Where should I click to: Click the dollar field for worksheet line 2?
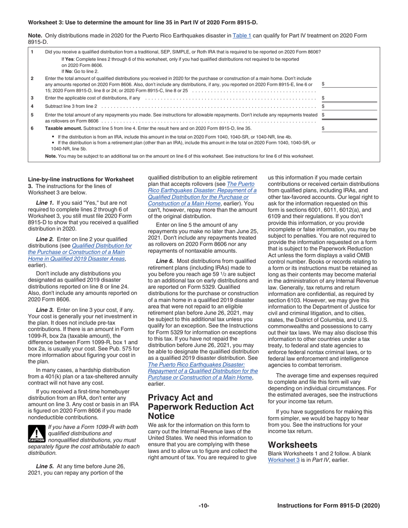click(350, 84)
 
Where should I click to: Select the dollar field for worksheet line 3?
click(350, 98)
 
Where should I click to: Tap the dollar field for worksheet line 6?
click(350, 128)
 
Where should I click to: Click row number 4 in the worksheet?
click(32, 106)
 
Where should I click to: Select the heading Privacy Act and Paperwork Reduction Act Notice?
click(201, 407)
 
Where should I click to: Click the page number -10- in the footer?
click(204, 506)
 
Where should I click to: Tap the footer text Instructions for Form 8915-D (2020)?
click(328, 506)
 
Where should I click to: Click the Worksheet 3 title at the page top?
click(143, 22)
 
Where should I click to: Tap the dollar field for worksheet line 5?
click(350, 115)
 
